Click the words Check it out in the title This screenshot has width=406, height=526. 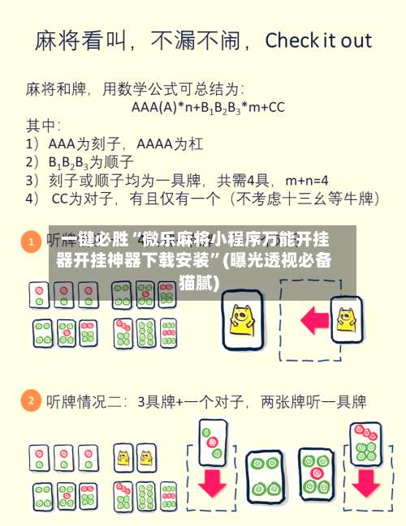click(x=318, y=41)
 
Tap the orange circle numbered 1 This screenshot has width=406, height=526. click(x=31, y=242)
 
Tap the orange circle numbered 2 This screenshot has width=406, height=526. click(x=31, y=400)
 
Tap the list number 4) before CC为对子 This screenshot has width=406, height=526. click(x=32, y=197)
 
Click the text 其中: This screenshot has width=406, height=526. click(x=43, y=125)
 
